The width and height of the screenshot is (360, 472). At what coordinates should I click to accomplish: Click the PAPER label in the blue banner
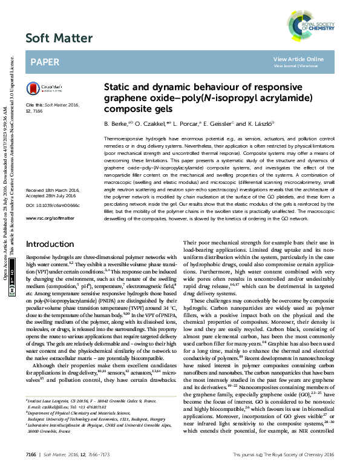(44, 62)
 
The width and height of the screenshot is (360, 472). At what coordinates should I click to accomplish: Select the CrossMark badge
(41, 88)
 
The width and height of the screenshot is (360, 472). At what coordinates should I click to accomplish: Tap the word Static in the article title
(119, 87)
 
